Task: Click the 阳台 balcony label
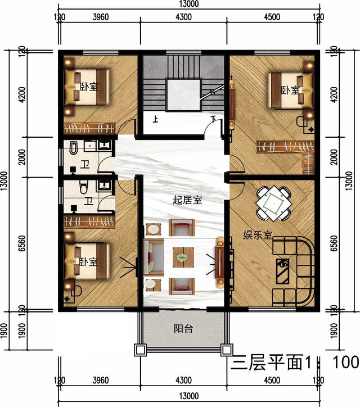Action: pos(183,329)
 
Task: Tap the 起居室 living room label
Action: pos(187,200)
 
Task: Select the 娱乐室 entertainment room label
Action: pos(258,235)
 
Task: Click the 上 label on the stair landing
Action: pos(155,119)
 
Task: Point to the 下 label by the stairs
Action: pos(214,119)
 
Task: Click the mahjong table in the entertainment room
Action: pos(274,203)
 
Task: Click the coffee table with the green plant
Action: pos(183,257)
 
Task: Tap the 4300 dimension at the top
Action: pos(183,17)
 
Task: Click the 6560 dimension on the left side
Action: pos(22,243)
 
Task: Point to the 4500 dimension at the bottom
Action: pos(272,381)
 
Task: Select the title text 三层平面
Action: pos(267,362)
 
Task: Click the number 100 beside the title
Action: pos(346,362)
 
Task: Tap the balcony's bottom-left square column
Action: pos(140,350)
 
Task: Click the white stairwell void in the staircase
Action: pos(183,95)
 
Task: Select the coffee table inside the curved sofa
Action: pos(282,272)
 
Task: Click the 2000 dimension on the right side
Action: pos(335,157)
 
